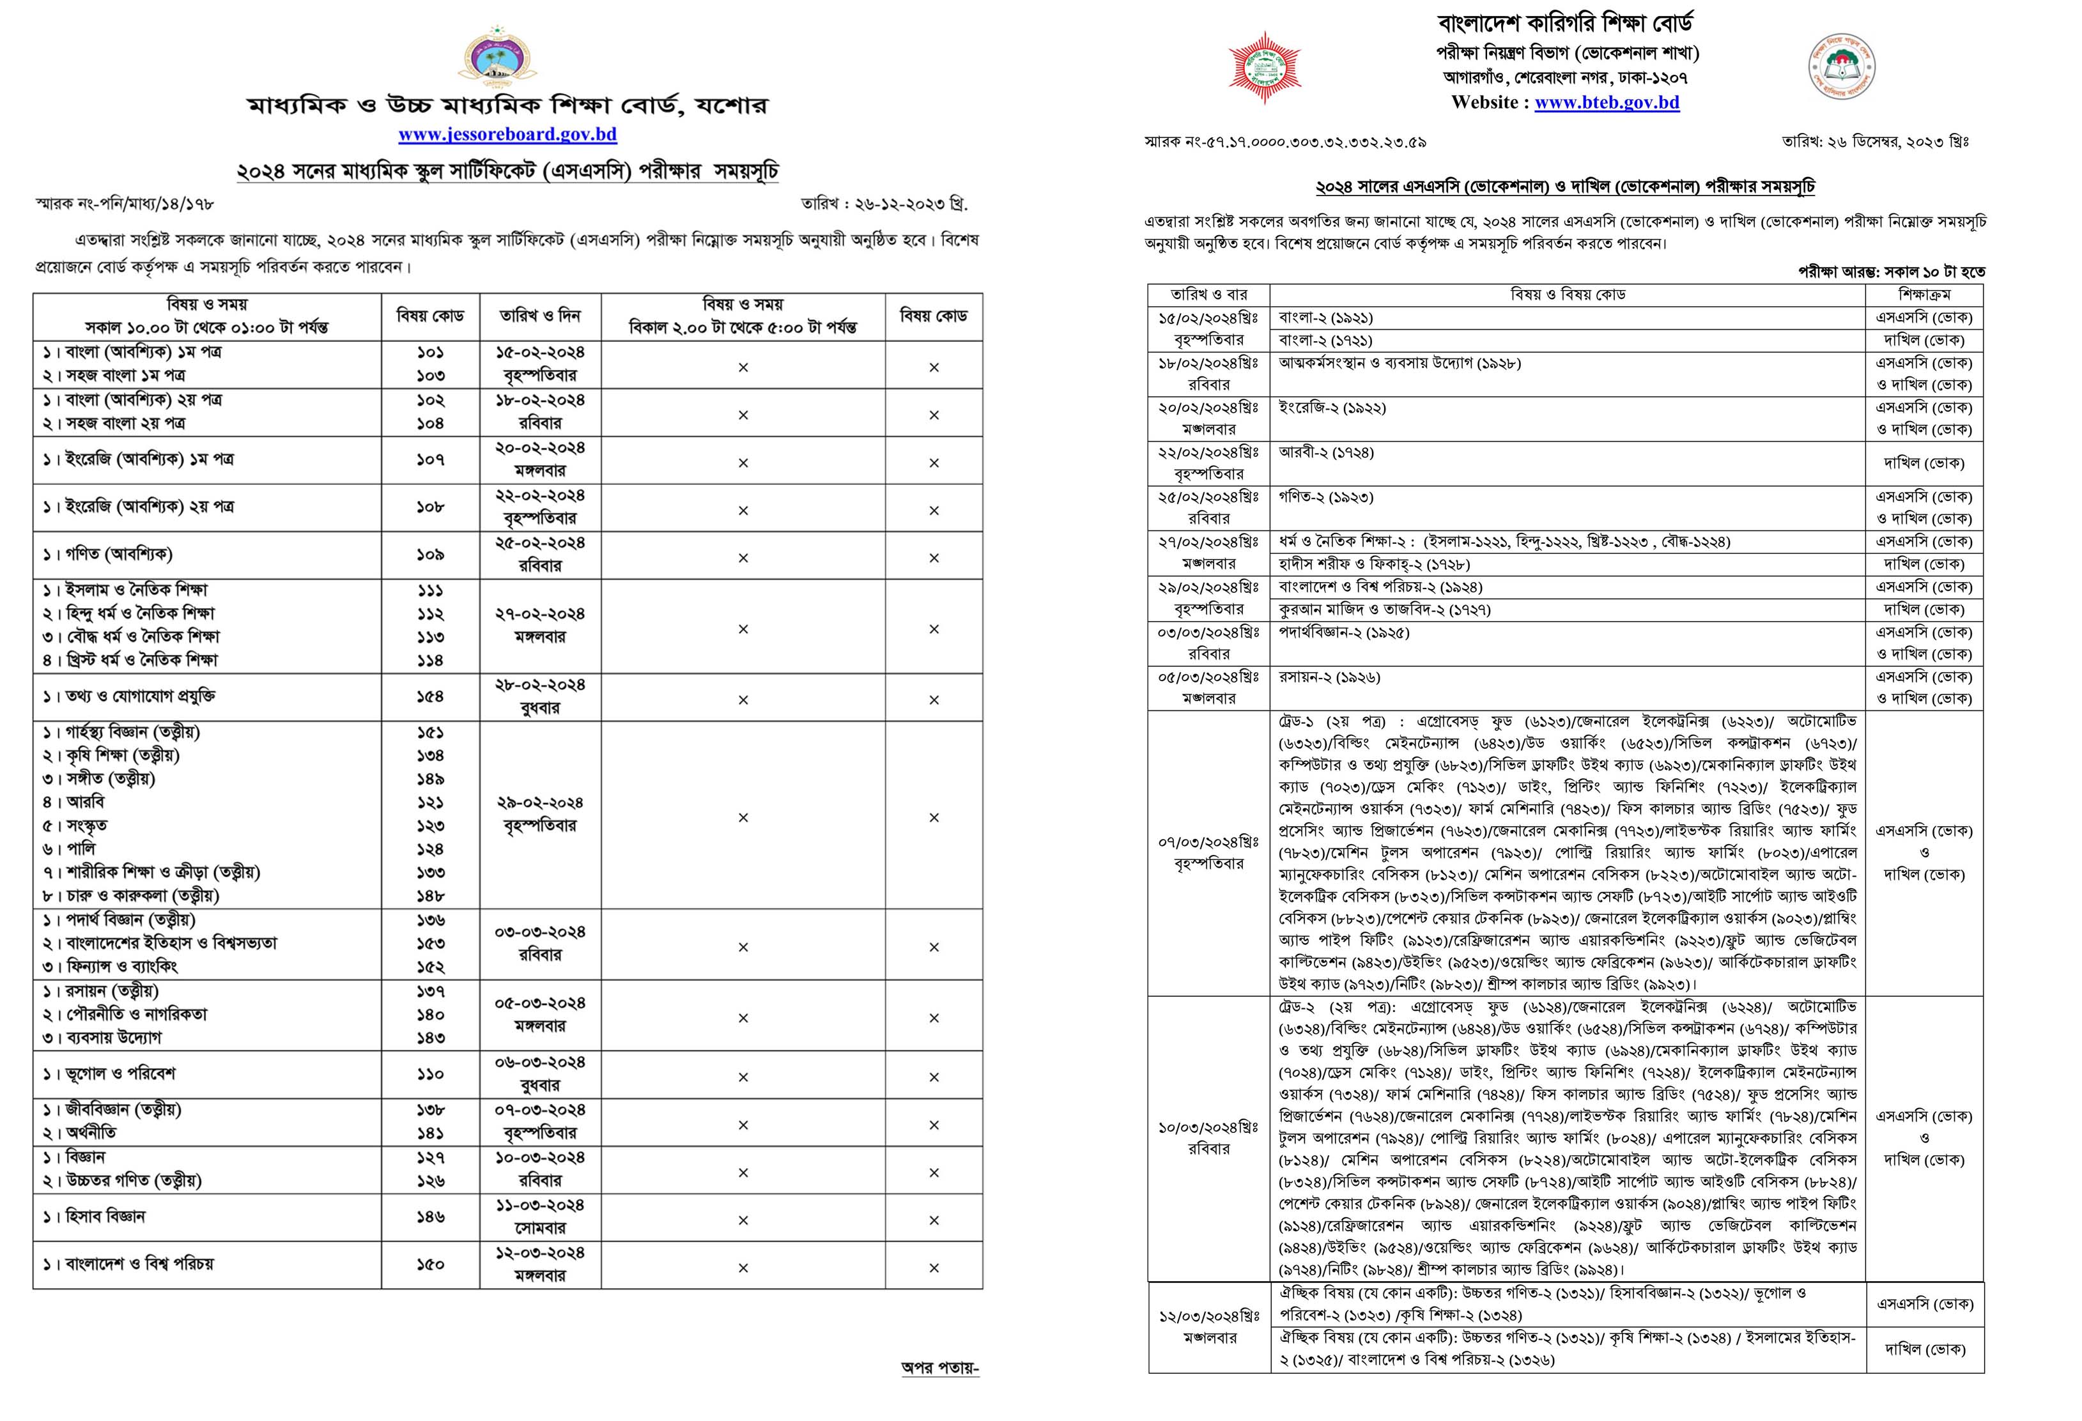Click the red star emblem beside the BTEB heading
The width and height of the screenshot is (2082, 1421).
click(x=1264, y=68)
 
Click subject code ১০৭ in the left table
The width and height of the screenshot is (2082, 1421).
click(x=430, y=459)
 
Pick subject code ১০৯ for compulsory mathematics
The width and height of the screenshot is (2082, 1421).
click(x=430, y=555)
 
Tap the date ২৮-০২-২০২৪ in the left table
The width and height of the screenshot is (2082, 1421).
click(x=540, y=684)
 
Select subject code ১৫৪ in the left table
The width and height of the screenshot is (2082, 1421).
click(x=430, y=696)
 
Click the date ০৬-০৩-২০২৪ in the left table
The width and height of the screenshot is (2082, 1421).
click(x=540, y=1062)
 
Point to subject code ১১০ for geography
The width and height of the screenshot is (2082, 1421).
click(x=430, y=1073)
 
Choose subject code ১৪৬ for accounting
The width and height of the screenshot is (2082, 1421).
click(x=430, y=1217)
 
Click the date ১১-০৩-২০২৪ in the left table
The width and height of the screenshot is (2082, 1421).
click(x=540, y=1205)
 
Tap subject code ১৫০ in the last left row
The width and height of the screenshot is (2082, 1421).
click(x=430, y=1264)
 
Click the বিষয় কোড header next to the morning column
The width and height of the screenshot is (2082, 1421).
click(x=430, y=316)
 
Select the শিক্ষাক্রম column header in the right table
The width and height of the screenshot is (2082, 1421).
click(x=1924, y=295)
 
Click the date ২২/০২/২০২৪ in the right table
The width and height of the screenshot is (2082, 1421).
click(x=1208, y=452)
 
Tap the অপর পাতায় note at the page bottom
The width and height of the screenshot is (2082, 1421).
click(x=940, y=1368)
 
